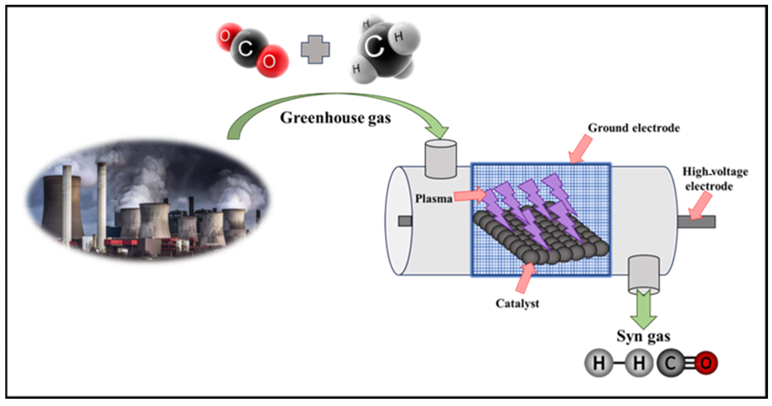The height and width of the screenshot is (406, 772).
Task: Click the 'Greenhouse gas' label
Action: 335,118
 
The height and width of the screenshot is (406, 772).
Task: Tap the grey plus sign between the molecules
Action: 315,49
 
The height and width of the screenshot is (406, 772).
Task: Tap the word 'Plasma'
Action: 433,198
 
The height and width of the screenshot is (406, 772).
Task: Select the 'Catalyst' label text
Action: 517,304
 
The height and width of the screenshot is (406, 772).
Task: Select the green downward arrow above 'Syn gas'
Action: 644,310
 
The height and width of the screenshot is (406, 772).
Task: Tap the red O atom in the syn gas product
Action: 706,363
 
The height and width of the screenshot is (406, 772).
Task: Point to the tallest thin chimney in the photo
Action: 102,207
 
